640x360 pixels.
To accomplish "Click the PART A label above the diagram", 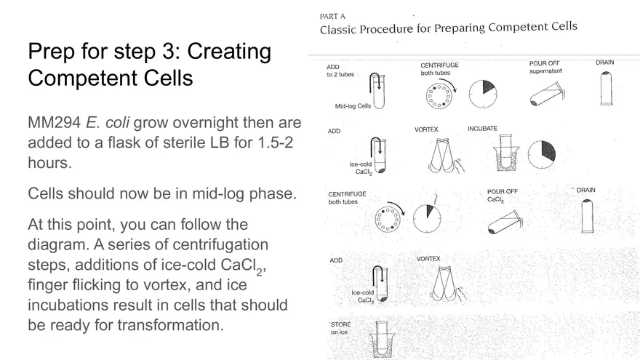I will [x=332, y=16].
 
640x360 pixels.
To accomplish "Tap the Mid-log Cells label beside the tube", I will [x=353, y=106].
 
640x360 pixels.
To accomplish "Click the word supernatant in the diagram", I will [x=545, y=71].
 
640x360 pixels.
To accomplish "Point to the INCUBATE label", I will [x=482, y=129].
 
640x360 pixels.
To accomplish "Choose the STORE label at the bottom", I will [x=340, y=324].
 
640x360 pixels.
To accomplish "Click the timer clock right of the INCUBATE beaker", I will [x=541, y=155].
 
